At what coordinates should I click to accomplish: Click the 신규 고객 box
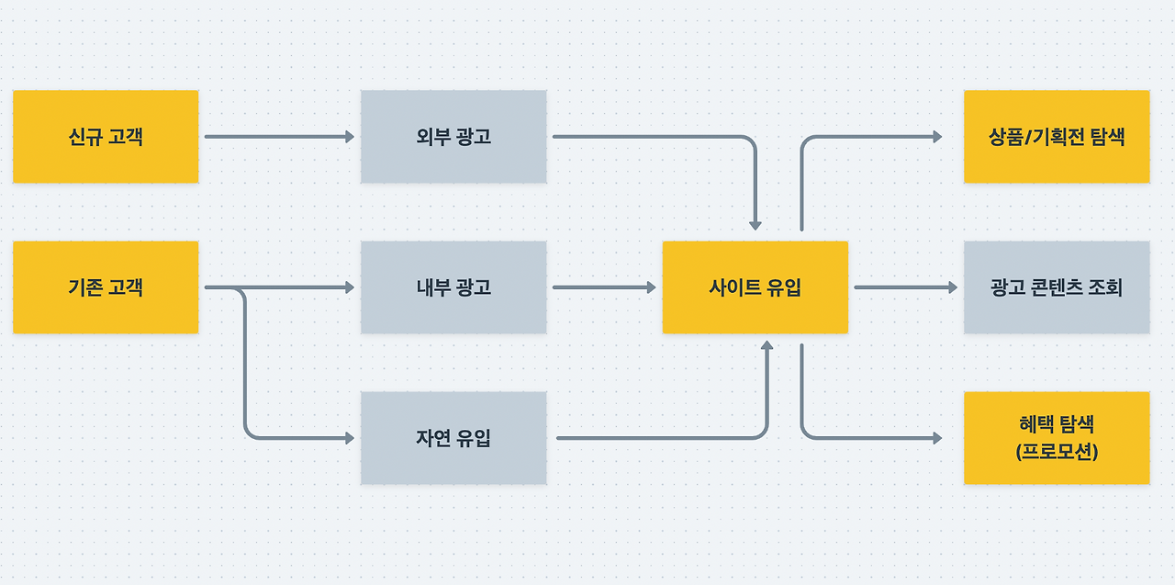[106, 137]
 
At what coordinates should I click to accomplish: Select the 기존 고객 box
[106, 287]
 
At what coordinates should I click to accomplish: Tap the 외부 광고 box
[453, 137]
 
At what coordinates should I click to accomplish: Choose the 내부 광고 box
[453, 287]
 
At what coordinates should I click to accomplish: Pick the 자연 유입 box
[453, 438]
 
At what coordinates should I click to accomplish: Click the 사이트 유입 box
[755, 287]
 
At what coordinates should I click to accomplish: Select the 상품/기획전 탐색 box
[1057, 137]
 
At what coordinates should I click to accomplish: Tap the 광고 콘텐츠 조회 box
[1057, 287]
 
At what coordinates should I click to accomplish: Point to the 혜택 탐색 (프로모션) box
[1057, 438]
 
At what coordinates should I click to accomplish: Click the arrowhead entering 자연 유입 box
[350, 438]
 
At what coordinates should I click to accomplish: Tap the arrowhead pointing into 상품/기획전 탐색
[937, 137]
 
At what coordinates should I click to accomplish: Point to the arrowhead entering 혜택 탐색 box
[937, 438]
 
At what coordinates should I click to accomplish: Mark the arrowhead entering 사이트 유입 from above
[755, 224]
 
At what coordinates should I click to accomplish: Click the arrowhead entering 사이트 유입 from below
[767, 344]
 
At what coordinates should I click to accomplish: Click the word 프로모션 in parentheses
[1057, 451]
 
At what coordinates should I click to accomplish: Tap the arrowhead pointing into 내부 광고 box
[350, 287]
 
